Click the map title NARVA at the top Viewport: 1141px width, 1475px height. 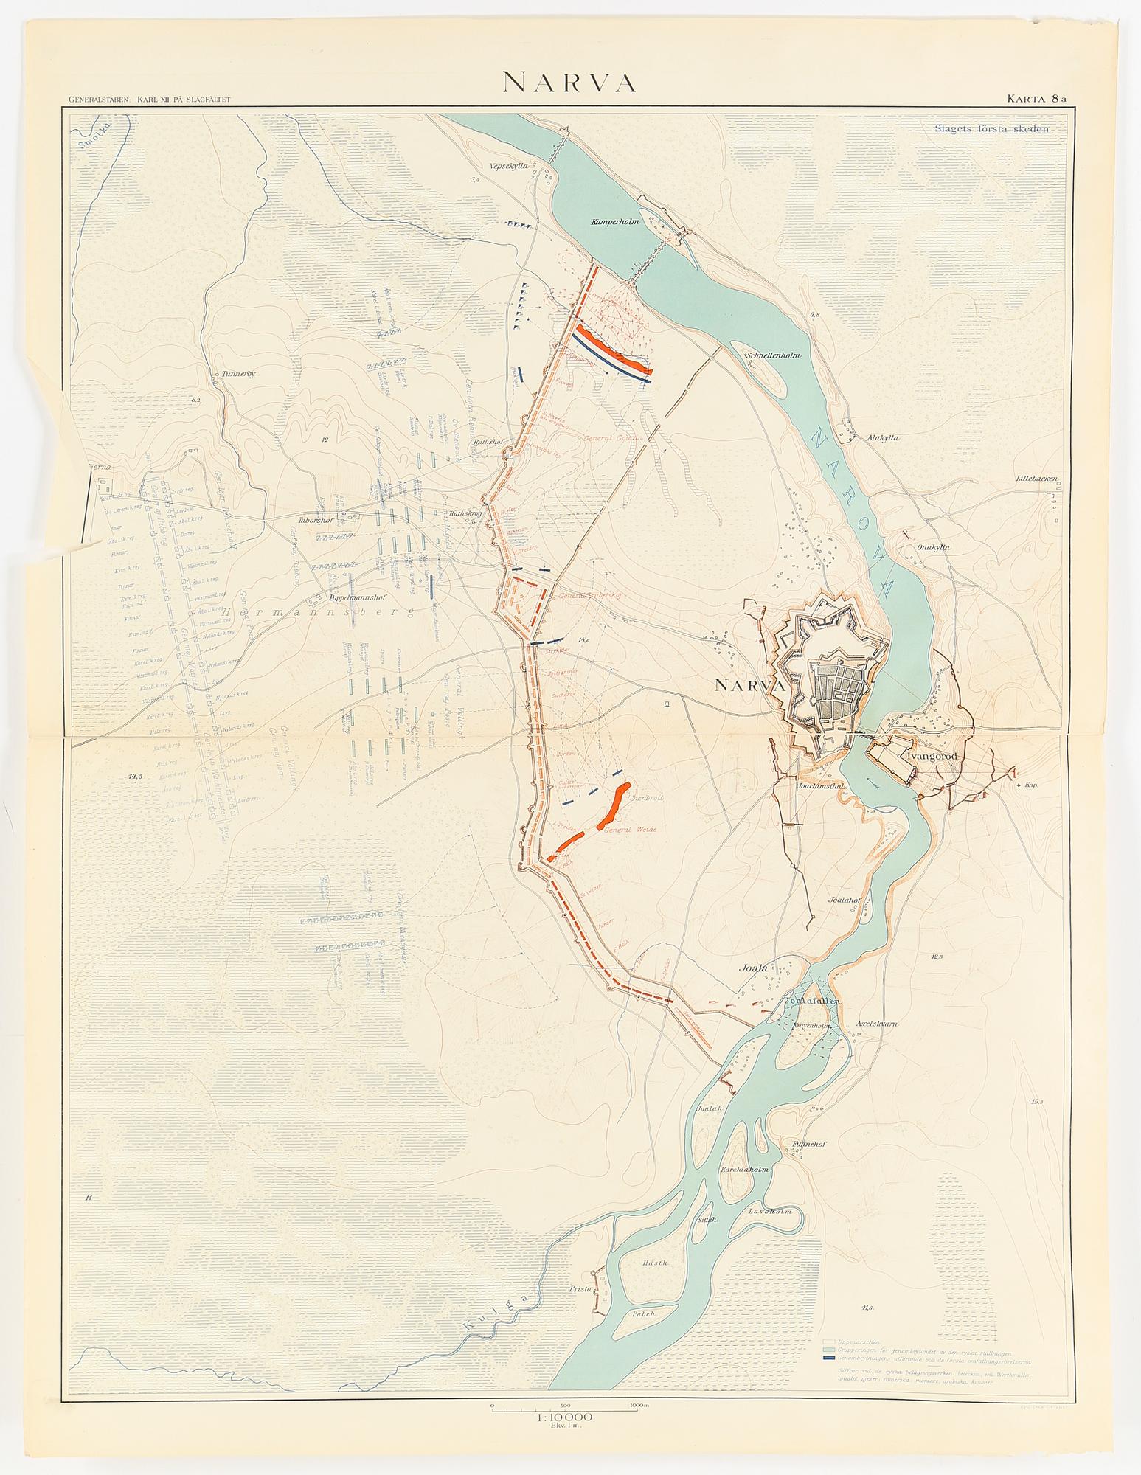pyautogui.click(x=569, y=83)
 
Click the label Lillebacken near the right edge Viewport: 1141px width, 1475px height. pyautogui.click(x=1035, y=479)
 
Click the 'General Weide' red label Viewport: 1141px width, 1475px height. pyautogui.click(x=630, y=830)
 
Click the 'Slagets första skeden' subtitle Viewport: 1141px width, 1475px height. pyautogui.click(x=991, y=126)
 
